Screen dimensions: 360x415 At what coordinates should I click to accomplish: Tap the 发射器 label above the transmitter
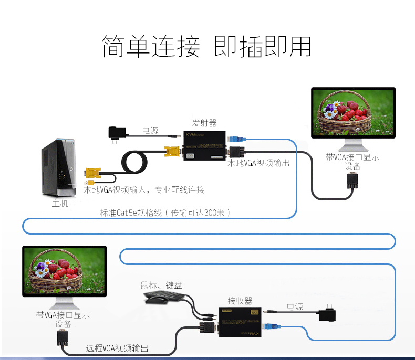pyautogui.click(x=204, y=123)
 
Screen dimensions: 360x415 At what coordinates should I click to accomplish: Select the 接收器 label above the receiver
pyautogui.click(x=240, y=301)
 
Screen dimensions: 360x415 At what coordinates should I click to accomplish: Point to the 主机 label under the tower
pyautogui.click(x=60, y=204)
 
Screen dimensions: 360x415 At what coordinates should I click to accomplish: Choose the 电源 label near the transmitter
pyautogui.click(x=150, y=130)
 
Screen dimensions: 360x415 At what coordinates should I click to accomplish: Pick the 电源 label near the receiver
pyautogui.click(x=294, y=306)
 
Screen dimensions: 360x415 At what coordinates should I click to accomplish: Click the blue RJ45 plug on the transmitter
pyautogui.click(x=237, y=140)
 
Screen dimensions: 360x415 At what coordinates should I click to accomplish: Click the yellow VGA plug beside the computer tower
pyautogui.click(x=93, y=174)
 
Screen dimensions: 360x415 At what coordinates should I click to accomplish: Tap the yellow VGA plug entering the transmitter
pyautogui.click(x=172, y=153)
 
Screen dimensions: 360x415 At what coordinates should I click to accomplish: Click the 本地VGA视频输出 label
pyautogui.click(x=258, y=163)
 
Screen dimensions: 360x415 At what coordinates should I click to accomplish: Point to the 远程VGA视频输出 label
pyautogui.click(x=117, y=348)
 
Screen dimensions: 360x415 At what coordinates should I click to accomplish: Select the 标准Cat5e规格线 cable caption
pyautogui.click(x=165, y=213)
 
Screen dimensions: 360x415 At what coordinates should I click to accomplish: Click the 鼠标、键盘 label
pyautogui.click(x=161, y=285)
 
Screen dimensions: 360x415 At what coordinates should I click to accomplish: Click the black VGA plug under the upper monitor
pyautogui.click(x=351, y=181)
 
